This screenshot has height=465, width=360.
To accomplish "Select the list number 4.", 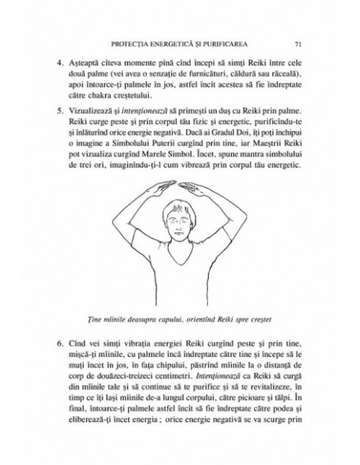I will coord(59,61).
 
